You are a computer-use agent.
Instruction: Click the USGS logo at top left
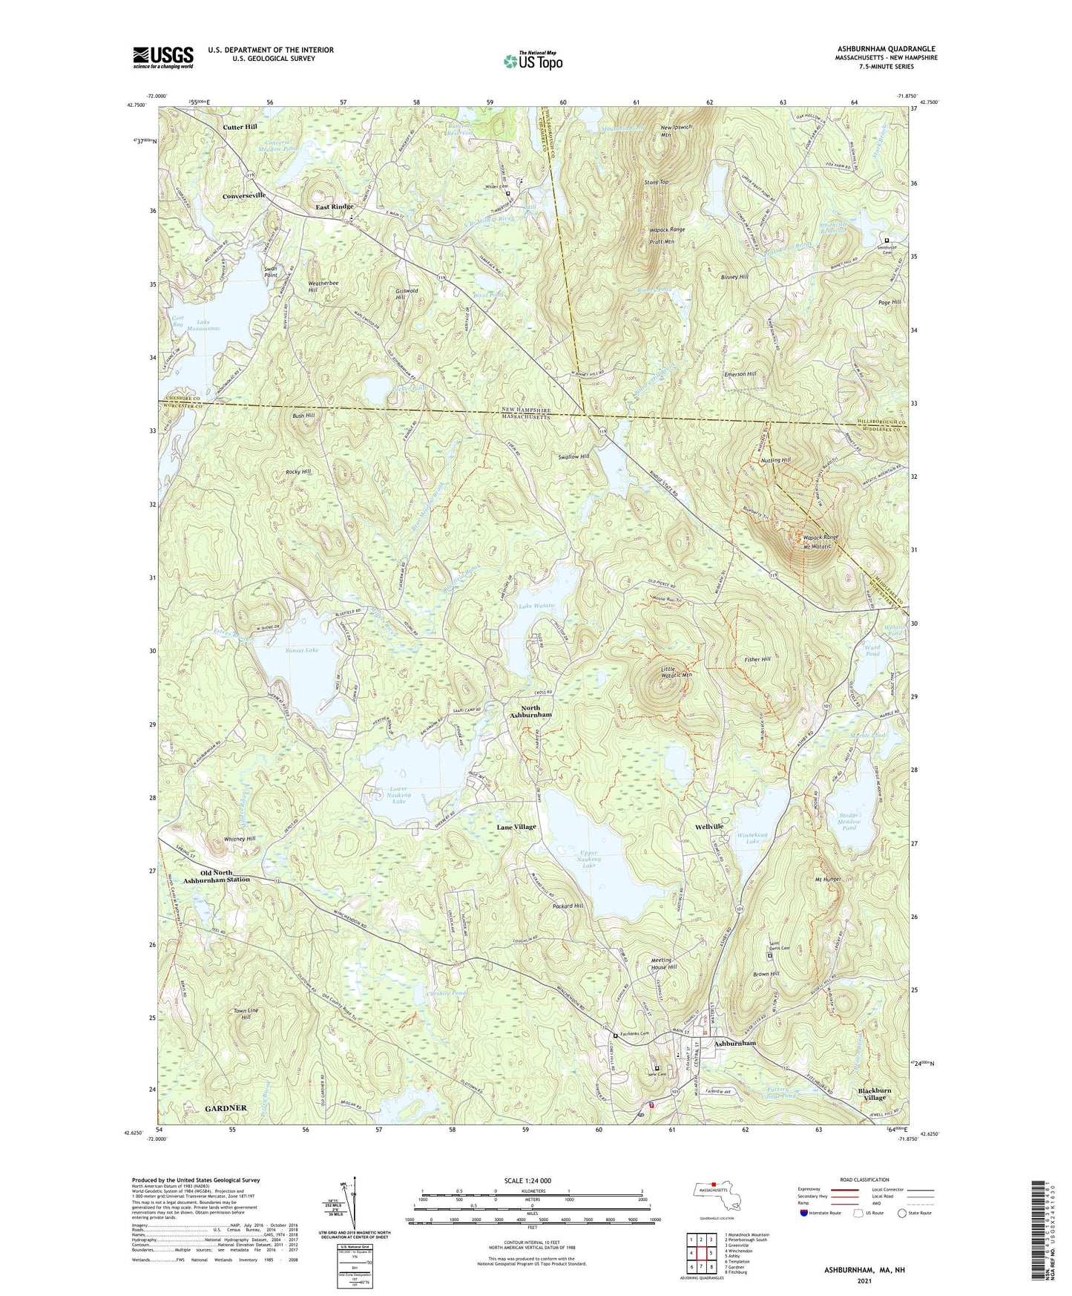tap(163, 57)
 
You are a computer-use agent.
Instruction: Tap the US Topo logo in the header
tap(533, 61)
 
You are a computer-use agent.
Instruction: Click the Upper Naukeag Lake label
tap(589, 860)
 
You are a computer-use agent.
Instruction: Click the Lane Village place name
tap(516, 826)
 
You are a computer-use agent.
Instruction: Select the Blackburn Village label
tap(874, 1094)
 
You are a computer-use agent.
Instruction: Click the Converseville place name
tap(244, 196)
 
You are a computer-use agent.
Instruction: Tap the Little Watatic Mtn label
tap(676, 672)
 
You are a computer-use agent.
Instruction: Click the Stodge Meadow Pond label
tap(849, 821)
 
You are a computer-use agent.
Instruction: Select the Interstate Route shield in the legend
tap(805, 1213)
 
